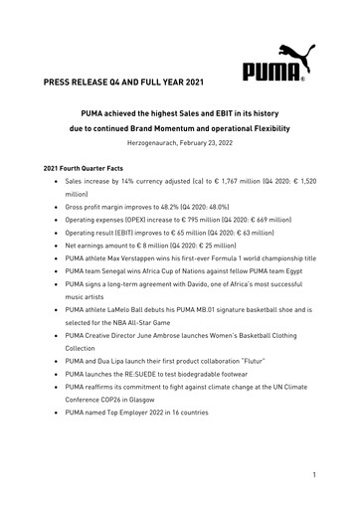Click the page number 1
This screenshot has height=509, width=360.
click(x=313, y=475)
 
